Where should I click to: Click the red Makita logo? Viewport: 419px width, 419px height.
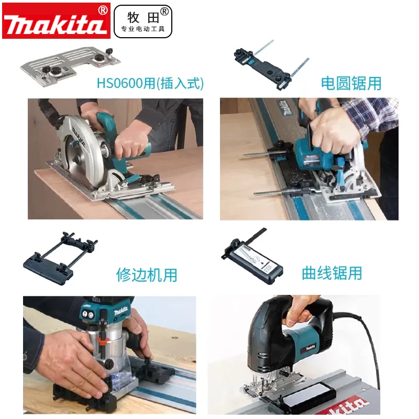click(56, 21)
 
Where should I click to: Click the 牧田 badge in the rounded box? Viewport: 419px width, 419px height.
click(143, 21)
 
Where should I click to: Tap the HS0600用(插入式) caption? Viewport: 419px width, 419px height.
click(150, 83)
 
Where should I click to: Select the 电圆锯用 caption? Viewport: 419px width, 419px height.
click(351, 83)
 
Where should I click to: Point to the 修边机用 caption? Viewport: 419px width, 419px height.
click(147, 274)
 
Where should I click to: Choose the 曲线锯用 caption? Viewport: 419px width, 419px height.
click(332, 273)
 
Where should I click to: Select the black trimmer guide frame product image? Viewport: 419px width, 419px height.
click(60, 258)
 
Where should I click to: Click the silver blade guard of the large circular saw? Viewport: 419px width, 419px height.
click(80, 150)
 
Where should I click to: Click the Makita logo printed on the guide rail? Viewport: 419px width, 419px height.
click(283, 108)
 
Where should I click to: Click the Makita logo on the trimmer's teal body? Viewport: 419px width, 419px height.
click(121, 312)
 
